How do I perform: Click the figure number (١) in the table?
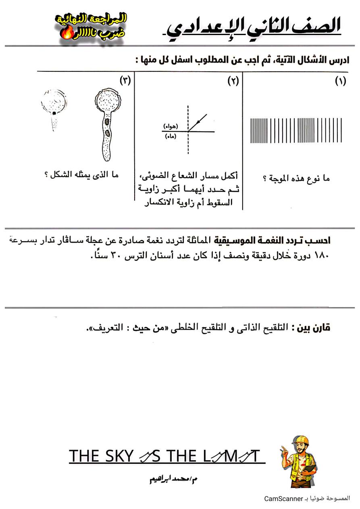(x=340, y=81)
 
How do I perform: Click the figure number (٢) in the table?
(x=233, y=81)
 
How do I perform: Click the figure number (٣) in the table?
(x=125, y=80)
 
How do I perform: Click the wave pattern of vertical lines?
(x=296, y=130)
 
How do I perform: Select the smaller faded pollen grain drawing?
(x=54, y=107)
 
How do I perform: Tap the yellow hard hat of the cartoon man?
(x=301, y=440)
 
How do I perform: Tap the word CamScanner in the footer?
(x=283, y=499)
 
